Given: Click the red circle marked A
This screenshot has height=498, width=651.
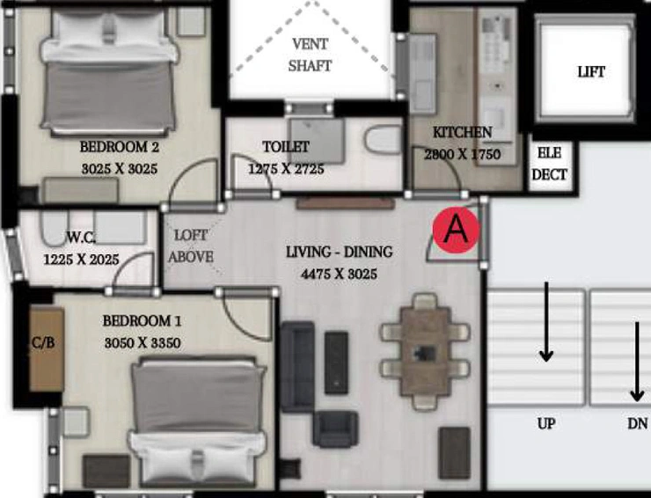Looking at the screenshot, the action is pyautogui.click(x=456, y=230).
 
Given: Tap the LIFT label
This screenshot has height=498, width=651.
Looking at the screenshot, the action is pyautogui.click(x=591, y=72).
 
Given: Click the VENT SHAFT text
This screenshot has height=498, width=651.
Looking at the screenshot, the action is pyautogui.click(x=310, y=55).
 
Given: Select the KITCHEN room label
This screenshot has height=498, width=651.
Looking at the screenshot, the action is pyautogui.click(x=462, y=133).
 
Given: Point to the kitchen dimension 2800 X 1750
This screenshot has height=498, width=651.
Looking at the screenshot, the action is pyautogui.click(x=462, y=155).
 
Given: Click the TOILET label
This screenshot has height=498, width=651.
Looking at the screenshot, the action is pyautogui.click(x=286, y=147).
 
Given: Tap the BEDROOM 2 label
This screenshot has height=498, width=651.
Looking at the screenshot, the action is pyautogui.click(x=119, y=147).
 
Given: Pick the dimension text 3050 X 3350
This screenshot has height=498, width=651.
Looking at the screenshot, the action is pyautogui.click(x=143, y=343).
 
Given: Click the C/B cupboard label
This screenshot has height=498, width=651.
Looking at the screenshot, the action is pyautogui.click(x=43, y=342).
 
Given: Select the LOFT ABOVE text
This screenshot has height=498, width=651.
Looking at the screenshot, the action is pyautogui.click(x=191, y=245).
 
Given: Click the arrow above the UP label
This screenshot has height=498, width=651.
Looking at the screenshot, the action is pyautogui.click(x=546, y=322).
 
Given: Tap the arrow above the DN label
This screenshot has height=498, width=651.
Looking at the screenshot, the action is pyautogui.click(x=637, y=362).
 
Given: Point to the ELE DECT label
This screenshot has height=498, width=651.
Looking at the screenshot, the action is pyautogui.click(x=549, y=164).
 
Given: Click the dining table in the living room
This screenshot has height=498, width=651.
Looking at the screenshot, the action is pyautogui.click(x=425, y=351).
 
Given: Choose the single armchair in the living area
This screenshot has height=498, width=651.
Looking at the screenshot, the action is pyautogui.click(x=335, y=429).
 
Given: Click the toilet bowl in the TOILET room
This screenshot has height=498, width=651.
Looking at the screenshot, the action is pyautogui.click(x=384, y=140).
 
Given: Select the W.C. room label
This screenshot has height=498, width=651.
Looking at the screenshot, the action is pyautogui.click(x=81, y=238).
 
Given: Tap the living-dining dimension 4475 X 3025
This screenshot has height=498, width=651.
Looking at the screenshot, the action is pyautogui.click(x=340, y=275).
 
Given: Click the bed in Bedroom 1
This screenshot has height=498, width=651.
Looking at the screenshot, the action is pyautogui.click(x=198, y=421).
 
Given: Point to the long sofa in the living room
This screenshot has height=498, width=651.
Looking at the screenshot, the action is pyautogui.click(x=297, y=366).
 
